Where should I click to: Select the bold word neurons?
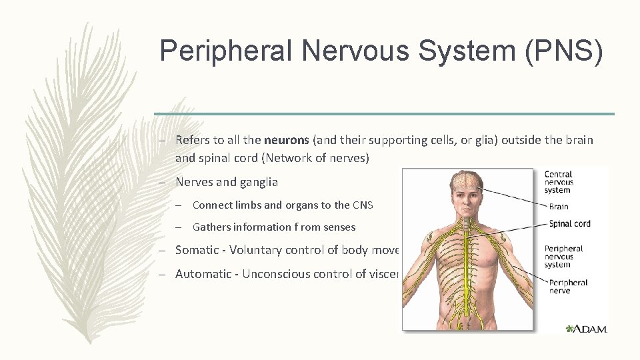click(x=285, y=140)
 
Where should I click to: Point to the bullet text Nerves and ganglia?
click(x=227, y=182)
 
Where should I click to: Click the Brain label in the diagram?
click(x=559, y=207)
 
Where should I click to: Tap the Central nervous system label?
click(x=559, y=182)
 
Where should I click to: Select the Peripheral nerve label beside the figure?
click(x=568, y=287)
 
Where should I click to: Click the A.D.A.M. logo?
click(x=587, y=329)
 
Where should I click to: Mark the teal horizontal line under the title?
click(x=384, y=114)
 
